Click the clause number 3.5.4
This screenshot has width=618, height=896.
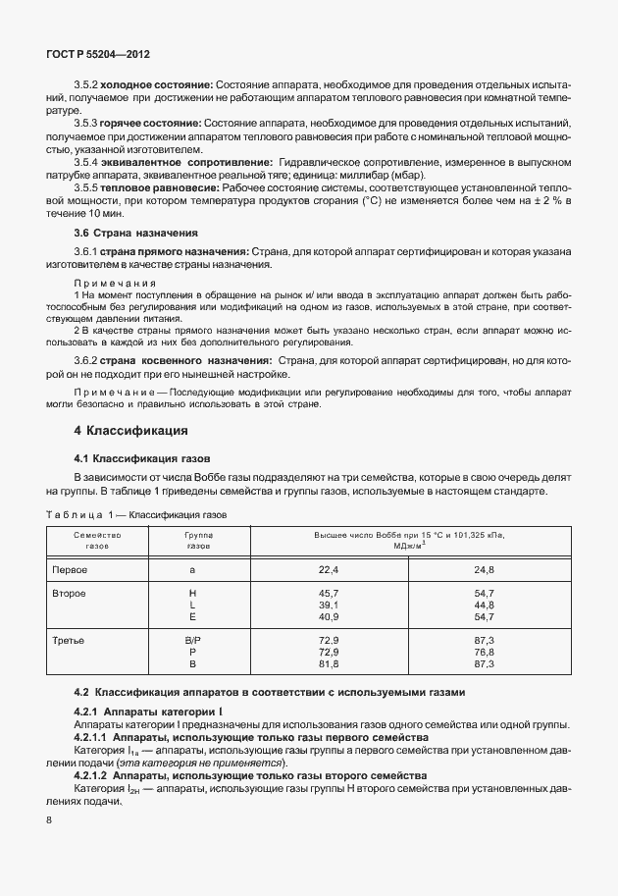[88, 161]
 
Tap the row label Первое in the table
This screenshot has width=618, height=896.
[70, 570]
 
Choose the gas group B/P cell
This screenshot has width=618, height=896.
[192, 640]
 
